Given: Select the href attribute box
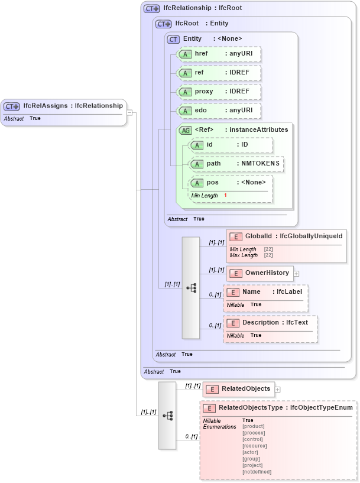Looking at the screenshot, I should (219, 54).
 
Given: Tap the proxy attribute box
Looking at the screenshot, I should (219, 92).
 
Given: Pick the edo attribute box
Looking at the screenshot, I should (219, 111).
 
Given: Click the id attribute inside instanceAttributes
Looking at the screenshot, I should (231, 145).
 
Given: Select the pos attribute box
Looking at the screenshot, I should (231, 183).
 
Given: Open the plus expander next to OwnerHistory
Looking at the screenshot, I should (297, 274).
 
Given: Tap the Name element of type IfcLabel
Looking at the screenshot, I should (266, 293).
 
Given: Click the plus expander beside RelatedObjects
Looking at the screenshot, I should (278, 390).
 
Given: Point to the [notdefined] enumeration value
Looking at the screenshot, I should (257, 472).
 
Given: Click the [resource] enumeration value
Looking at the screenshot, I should (255, 446).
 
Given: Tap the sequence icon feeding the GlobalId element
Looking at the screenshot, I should (191, 288).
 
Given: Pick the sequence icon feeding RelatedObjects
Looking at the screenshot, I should (167, 416).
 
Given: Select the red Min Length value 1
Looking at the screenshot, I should (225, 196).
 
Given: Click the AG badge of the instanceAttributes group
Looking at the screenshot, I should (185, 130).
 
